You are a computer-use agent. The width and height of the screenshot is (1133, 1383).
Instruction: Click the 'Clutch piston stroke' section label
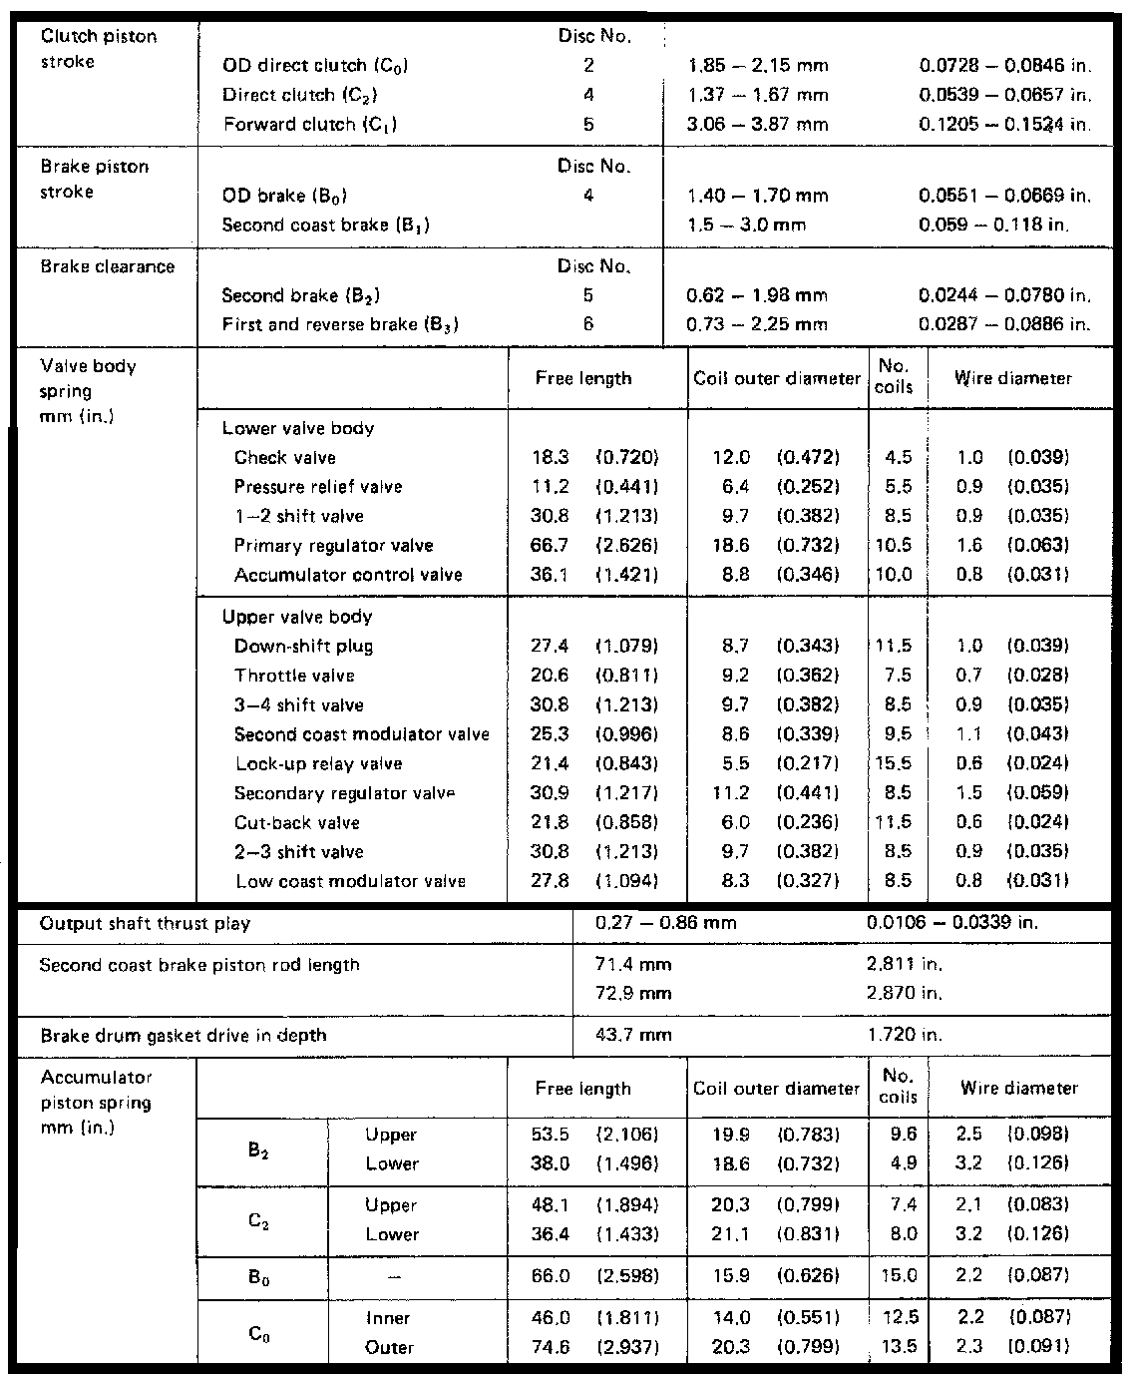(98, 49)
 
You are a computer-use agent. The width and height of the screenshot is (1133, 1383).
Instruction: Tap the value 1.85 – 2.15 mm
(758, 66)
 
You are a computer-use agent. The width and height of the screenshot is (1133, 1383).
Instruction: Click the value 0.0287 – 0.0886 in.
(1004, 324)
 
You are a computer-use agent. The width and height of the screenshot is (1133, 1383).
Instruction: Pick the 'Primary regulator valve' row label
(333, 546)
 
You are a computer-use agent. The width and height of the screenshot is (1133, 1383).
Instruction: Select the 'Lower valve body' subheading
(298, 429)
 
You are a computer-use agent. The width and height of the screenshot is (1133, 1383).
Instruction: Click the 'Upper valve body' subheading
(297, 618)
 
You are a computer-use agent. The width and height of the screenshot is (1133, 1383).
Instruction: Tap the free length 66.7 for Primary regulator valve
(550, 546)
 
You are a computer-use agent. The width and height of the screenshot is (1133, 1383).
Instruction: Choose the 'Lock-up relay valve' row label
(319, 764)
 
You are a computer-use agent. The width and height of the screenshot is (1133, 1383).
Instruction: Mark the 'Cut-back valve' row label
(297, 823)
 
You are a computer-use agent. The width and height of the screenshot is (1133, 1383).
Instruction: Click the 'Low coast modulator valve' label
(350, 882)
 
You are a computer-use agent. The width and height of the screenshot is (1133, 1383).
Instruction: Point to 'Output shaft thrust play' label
(145, 924)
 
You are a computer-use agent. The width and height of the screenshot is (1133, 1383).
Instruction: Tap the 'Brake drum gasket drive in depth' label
(184, 1036)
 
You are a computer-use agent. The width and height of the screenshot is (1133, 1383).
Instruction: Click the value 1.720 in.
(905, 1036)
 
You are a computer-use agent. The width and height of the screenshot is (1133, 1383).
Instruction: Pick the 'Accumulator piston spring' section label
(96, 1103)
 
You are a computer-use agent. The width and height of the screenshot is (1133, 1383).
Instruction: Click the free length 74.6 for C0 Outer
(550, 1348)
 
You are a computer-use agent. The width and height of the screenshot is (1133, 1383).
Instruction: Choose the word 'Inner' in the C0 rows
(388, 1319)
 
